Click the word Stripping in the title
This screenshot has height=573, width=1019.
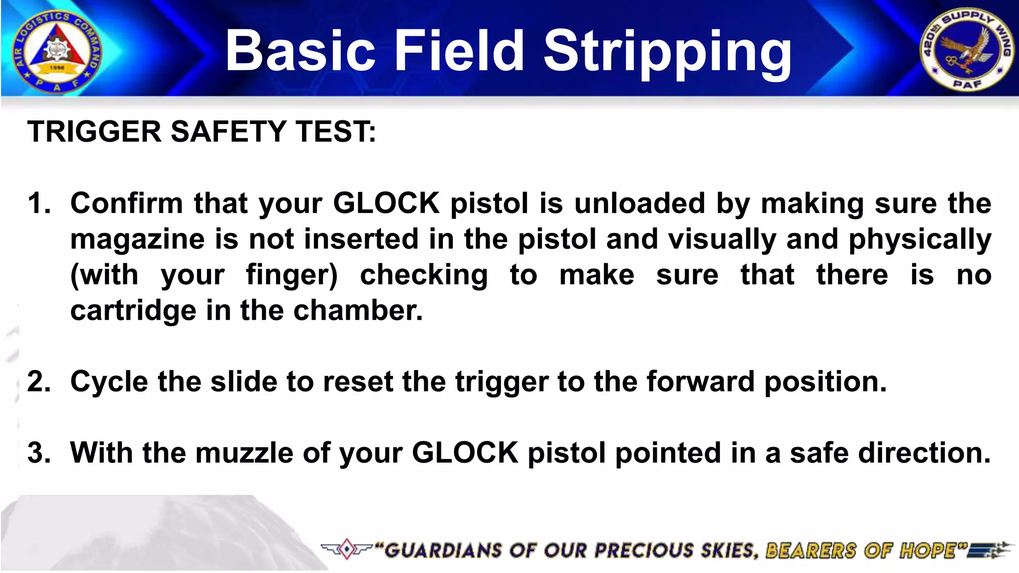tap(667, 51)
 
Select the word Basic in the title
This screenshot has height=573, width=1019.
tap(300, 51)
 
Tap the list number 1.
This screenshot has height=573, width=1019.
tap(39, 203)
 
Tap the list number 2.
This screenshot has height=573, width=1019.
tap(39, 382)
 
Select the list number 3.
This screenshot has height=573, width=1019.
tap(39, 453)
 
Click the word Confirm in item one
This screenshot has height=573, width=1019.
tap(127, 203)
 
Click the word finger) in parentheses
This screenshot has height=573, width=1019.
tap(292, 275)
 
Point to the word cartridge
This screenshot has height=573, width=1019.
tap(133, 311)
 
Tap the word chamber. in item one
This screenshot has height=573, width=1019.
tap(358, 311)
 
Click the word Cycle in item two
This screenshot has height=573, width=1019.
tap(109, 382)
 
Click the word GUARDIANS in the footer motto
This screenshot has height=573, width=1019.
tap(443, 551)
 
